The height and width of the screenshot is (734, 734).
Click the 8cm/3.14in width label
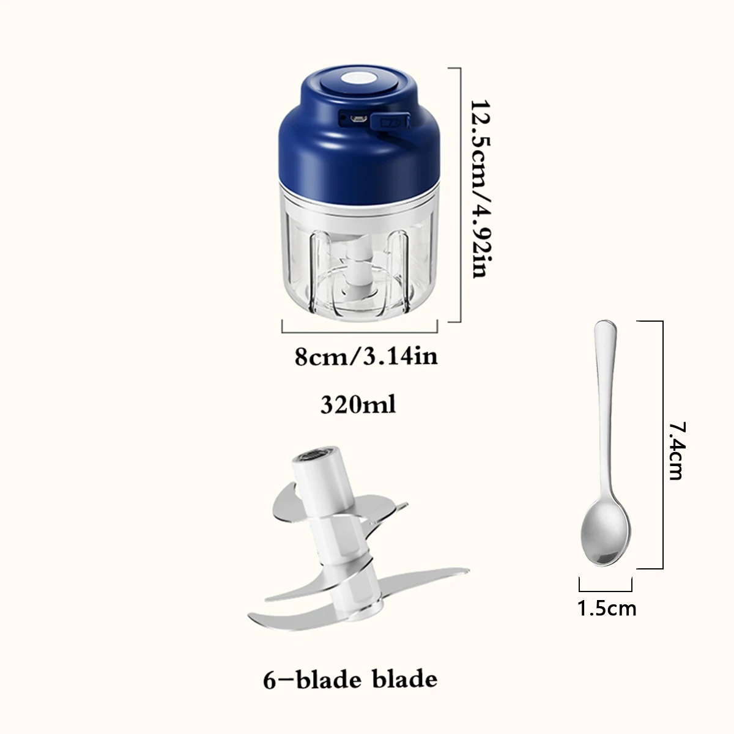click(x=366, y=356)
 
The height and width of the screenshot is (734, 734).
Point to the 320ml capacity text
click(x=358, y=404)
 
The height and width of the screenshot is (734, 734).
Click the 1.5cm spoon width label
click(x=607, y=608)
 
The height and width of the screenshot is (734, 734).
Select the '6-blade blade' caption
click(x=350, y=679)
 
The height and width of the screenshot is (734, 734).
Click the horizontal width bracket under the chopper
click(x=360, y=332)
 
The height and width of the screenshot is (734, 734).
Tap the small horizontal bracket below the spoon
click(x=606, y=590)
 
